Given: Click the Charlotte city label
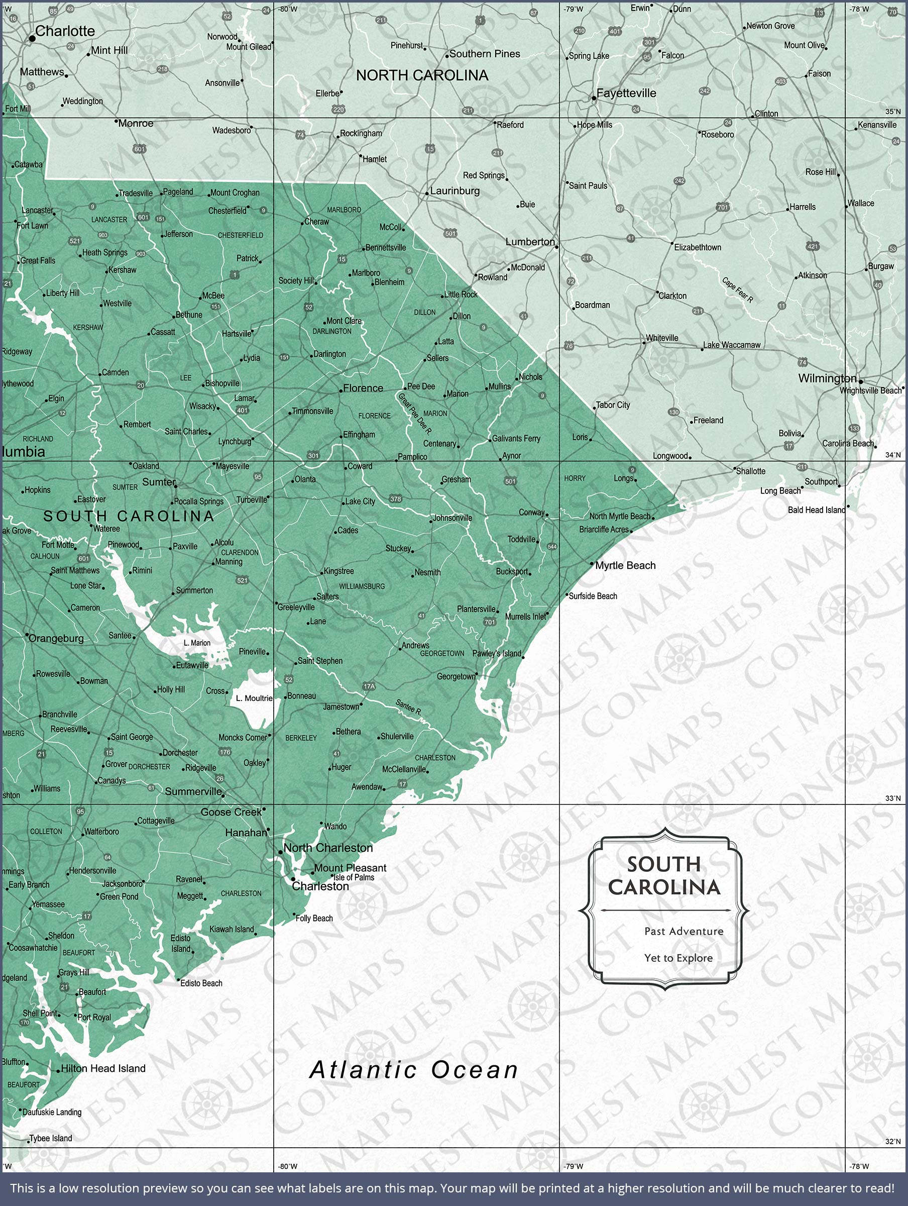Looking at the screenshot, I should [x=65, y=31].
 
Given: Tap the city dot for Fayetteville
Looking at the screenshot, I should [x=594, y=98].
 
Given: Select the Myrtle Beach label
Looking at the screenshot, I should [x=625, y=565].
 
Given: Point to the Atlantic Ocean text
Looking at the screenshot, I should [x=414, y=1070].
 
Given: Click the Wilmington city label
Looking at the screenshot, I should [x=827, y=378].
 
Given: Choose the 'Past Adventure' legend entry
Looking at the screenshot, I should [x=684, y=931].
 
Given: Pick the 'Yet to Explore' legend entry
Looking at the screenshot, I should [x=678, y=958].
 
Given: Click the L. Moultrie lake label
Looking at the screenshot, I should [x=254, y=698].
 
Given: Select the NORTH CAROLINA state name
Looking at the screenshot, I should [x=422, y=75].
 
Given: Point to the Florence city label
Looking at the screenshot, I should [x=363, y=388].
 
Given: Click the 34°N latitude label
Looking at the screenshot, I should [x=893, y=455].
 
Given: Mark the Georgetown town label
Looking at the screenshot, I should [x=456, y=676].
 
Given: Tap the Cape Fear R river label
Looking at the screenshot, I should [x=737, y=290].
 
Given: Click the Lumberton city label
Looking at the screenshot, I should [x=530, y=242].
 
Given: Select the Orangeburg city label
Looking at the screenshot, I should [x=56, y=639].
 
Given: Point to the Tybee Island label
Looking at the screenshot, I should [x=51, y=1138].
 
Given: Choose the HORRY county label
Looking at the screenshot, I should [x=575, y=478].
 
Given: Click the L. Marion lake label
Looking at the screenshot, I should [x=197, y=643].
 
